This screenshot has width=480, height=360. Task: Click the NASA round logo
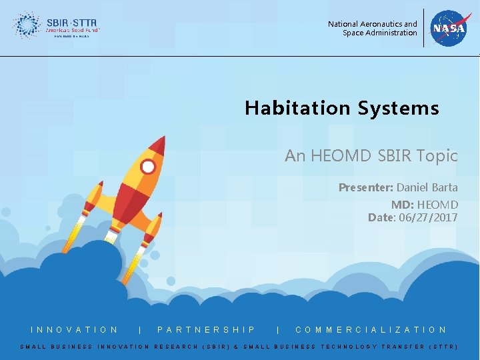[x=451, y=28]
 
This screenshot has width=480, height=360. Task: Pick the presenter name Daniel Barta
[x=427, y=187]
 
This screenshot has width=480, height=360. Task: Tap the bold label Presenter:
[x=366, y=187]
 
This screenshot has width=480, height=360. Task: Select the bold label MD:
[x=402, y=205]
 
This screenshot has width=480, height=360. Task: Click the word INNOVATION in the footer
[x=75, y=329]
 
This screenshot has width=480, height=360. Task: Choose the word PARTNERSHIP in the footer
[x=207, y=329]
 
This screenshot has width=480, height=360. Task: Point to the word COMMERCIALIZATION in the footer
[x=371, y=329]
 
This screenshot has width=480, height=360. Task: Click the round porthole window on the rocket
[x=148, y=167]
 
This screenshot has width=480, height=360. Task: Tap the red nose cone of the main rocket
[x=157, y=145]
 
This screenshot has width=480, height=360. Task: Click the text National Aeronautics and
[x=372, y=24]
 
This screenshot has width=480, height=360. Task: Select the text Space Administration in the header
[x=379, y=33]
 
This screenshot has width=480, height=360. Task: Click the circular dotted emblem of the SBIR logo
[x=27, y=25]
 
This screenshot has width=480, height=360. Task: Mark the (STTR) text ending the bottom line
[x=442, y=347]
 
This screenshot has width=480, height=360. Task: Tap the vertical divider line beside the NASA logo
[x=423, y=28]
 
